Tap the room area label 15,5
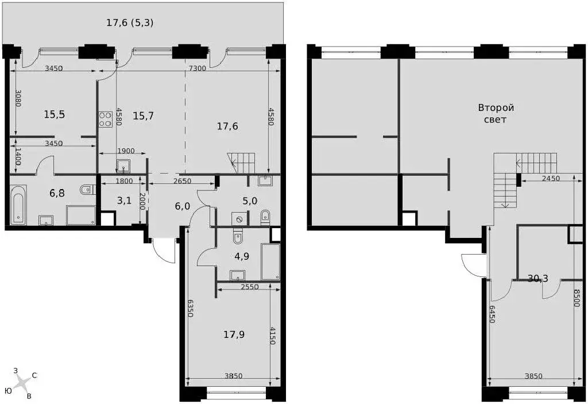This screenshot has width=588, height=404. click(x=55, y=114)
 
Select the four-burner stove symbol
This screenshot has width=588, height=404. click(x=106, y=118)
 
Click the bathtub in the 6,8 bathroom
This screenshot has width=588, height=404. click(x=18, y=205)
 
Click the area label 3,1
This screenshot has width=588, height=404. click(x=124, y=201)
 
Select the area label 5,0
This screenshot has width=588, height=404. click(x=250, y=201)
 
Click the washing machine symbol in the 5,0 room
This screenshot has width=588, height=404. click(x=239, y=218)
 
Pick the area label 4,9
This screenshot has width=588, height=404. click(x=242, y=256)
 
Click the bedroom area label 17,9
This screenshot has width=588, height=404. click(x=234, y=334)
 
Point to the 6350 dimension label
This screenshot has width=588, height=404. click(x=190, y=309)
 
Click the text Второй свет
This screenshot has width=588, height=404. click(x=496, y=113)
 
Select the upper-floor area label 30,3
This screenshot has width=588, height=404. click(x=538, y=278)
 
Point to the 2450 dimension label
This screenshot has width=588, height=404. click(x=550, y=178)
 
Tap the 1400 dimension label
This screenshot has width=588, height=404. click(x=18, y=157)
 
